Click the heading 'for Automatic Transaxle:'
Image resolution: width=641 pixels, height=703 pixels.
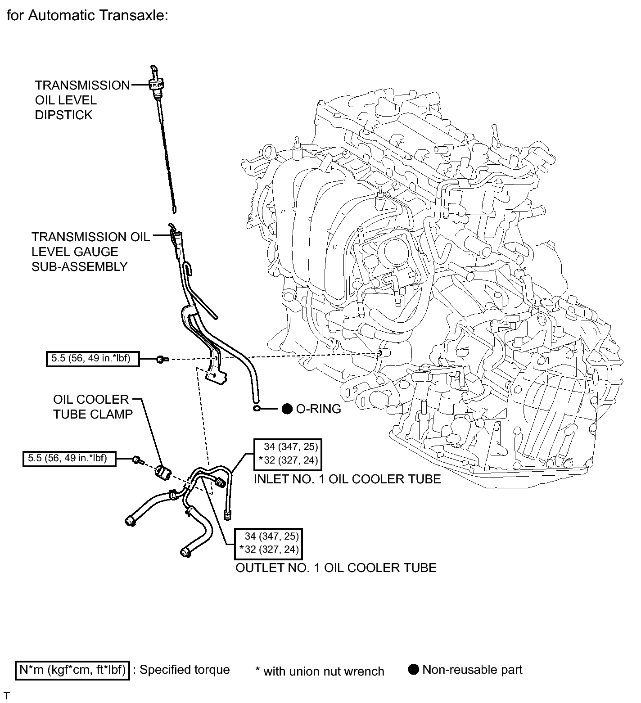87,16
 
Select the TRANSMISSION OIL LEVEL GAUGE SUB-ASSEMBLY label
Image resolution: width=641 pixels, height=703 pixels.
90,252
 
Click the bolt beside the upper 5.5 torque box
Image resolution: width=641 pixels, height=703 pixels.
161,360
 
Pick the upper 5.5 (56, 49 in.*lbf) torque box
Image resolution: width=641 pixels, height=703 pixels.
92,359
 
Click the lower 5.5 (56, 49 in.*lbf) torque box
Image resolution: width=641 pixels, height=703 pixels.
69,459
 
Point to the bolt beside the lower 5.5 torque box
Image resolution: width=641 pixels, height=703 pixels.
138,460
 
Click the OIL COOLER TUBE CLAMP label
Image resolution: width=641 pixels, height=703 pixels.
93,407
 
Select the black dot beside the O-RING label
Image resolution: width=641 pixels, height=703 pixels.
287,409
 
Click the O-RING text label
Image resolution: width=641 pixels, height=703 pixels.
318,409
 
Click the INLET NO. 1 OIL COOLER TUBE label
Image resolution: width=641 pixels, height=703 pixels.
347,479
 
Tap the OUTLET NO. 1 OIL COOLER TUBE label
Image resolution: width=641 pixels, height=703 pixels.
336,568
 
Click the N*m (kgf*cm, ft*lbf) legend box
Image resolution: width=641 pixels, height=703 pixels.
72,670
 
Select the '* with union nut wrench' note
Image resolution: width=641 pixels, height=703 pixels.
320,671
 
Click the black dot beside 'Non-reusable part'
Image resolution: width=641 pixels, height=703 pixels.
414,669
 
